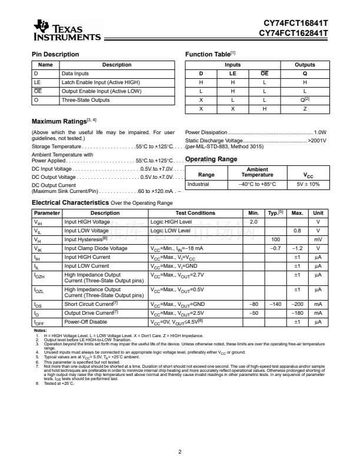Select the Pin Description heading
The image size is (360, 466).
(x=55, y=55)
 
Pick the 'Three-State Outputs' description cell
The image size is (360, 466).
(x=86, y=100)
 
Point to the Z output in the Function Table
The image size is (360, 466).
(x=305, y=109)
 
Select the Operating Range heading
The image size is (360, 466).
(x=211, y=159)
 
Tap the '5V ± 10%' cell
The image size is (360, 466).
(x=308, y=184)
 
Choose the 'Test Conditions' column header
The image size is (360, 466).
(x=195, y=212)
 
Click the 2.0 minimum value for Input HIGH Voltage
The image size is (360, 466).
(x=254, y=221)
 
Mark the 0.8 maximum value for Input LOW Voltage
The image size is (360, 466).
(x=298, y=231)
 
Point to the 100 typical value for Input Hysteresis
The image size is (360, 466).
(x=275, y=239)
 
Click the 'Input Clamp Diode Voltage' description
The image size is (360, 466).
(x=95, y=248)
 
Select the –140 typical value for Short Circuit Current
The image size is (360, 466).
(x=275, y=304)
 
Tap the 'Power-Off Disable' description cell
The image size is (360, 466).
(x=86, y=322)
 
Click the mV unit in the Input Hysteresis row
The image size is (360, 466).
(x=318, y=239)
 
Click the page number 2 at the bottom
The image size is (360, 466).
(x=179, y=452)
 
